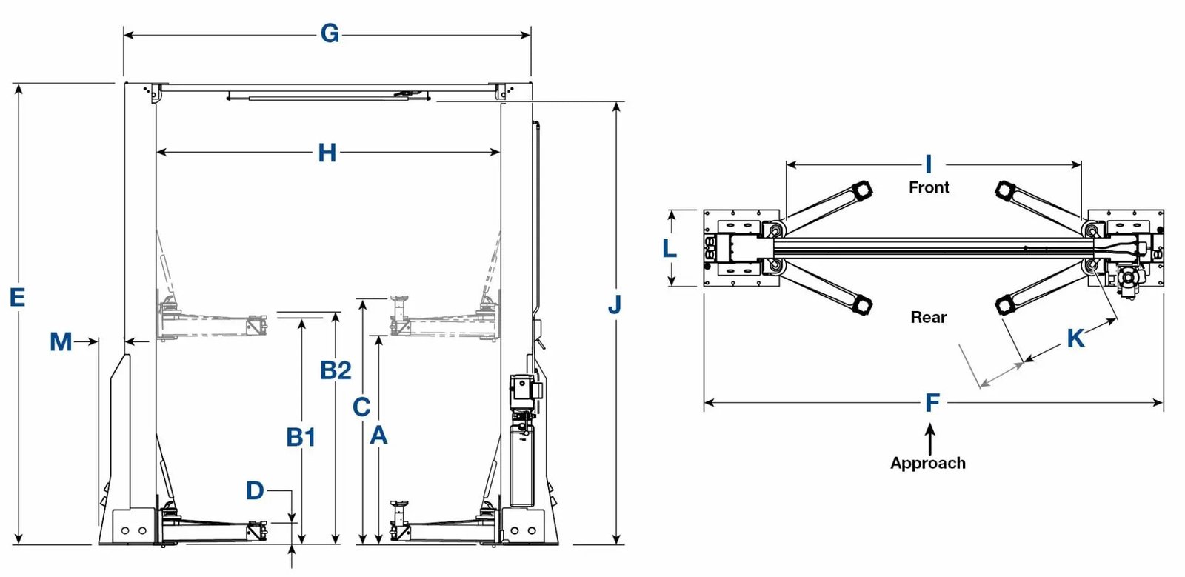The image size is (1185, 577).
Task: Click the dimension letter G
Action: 330,34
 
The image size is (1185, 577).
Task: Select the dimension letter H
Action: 327,153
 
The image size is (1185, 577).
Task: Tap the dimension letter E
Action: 17,297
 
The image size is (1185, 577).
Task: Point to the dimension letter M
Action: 61,341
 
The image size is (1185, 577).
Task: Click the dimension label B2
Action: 336,370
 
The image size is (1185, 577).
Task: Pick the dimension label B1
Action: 301,438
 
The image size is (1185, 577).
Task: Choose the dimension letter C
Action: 361,407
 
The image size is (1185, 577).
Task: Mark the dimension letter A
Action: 378,436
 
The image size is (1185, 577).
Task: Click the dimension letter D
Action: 255,490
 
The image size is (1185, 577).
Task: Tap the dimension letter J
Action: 614,304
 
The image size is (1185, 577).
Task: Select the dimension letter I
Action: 928,164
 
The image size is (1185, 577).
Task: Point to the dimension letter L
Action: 670,248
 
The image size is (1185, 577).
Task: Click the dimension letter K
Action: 1075,338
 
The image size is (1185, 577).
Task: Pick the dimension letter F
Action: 932,403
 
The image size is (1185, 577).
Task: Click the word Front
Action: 929,187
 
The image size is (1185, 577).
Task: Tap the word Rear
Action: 929,317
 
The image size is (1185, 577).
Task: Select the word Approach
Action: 928,463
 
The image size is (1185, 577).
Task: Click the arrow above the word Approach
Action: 930,437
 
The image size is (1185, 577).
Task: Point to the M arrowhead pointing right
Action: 93,341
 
